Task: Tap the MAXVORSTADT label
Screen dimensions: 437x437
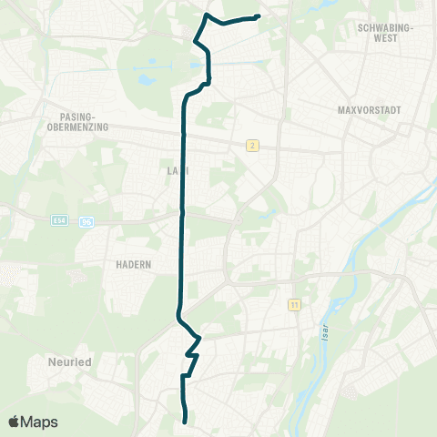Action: click(x=369, y=109)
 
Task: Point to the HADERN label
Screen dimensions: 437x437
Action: click(x=133, y=264)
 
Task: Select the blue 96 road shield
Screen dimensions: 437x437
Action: click(x=86, y=221)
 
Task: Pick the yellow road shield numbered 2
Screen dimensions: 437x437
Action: click(x=250, y=145)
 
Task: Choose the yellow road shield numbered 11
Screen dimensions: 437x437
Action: click(x=293, y=304)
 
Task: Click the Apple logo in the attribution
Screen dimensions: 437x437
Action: click(x=15, y=422)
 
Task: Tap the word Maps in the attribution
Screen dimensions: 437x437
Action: click(x=40, y=422)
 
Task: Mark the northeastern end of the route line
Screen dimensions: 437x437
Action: click(x=259, y=16)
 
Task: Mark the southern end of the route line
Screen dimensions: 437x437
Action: click(x=186, y=421)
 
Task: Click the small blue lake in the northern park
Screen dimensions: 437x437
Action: click(x=147, y=79)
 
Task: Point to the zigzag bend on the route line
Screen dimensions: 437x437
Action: click(x=192, y=347)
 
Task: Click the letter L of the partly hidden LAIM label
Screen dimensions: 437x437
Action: click(x=169, y=169)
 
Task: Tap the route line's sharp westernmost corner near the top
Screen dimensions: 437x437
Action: click(x=194, y=40)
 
